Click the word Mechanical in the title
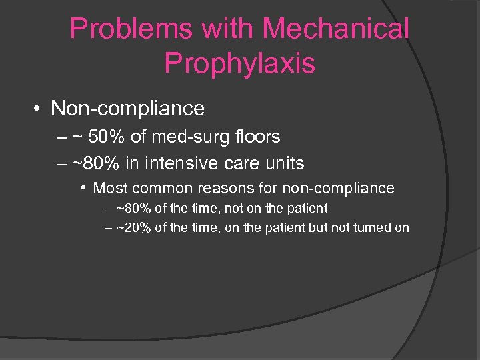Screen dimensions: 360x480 (335, 29)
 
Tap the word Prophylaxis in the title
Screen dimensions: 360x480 (239, 63)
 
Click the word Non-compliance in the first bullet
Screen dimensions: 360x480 (127, 107)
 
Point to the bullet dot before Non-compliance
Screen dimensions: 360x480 (40, 108)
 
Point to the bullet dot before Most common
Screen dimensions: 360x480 (85, 188)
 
